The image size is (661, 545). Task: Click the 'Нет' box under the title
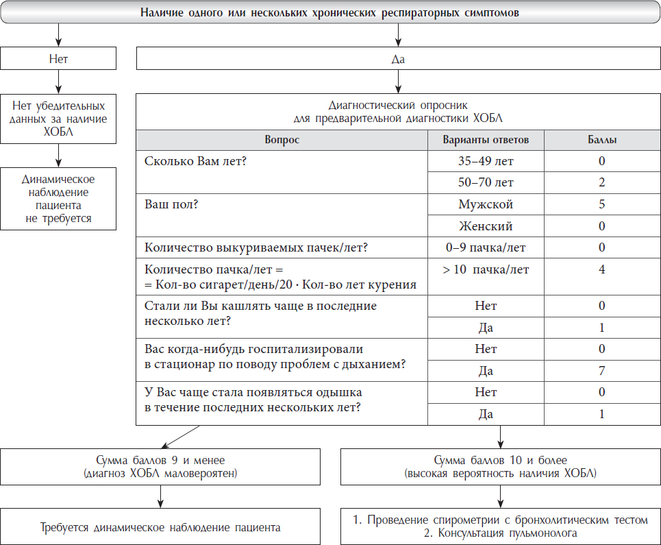(58, 59)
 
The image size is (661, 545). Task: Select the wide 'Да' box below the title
(398, 59)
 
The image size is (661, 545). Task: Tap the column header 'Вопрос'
(282, 140)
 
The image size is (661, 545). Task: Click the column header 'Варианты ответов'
(486, 140)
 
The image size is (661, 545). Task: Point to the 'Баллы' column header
(601, 140)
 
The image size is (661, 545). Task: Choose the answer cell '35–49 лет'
(486, 162)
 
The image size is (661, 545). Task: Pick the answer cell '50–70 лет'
(486, 183)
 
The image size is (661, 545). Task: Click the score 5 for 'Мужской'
(601, 204)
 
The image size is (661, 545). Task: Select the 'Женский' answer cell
(486, 226)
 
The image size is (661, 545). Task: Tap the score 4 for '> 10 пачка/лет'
(601, 269)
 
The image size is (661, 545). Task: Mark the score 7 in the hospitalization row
(601, 371)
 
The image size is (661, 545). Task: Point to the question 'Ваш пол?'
(172, 204)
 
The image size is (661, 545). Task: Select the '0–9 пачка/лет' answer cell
(486, 247)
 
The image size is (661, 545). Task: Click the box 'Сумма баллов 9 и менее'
(162, 466)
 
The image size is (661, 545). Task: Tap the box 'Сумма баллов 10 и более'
(501, 466)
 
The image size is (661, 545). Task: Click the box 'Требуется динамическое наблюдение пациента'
(162, 527)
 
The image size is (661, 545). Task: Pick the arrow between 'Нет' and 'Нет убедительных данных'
(58, 82)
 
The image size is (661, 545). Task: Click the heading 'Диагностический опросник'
(398, 106)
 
